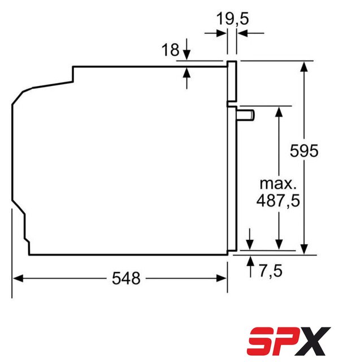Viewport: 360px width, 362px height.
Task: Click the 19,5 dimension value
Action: click(x=232, y=19)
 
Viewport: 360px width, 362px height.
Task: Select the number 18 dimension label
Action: click(x=170, y=49)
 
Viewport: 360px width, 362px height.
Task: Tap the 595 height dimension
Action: click(x=304, y=151)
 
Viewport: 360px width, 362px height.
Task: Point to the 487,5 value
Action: click(x=278, y=200)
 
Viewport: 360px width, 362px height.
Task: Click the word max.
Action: click(x=278, y=184)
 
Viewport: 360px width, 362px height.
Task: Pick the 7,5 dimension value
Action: click(x=271, y=270)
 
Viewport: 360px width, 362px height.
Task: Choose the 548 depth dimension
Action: click(x=126, y=278)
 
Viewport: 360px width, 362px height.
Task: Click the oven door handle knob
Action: click(x=245, y=115)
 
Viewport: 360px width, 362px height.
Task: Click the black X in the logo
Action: click(x=312, y=341)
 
